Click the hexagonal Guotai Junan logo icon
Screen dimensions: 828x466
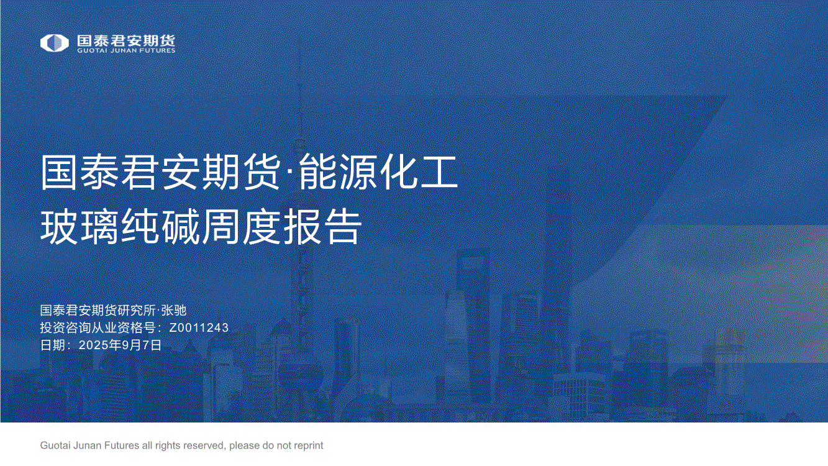54,43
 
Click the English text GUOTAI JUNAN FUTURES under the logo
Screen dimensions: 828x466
126,50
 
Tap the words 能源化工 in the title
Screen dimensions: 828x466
378,172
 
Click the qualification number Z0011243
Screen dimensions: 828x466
199,327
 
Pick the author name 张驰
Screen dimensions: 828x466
174,310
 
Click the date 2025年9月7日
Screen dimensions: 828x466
120,345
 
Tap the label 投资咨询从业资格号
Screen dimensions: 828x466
98,327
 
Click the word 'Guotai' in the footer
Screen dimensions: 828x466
55,445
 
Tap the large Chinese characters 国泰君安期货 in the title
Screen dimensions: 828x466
160,172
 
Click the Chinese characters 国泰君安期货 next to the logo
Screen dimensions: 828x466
126,40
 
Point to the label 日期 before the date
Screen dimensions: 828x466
53,345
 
